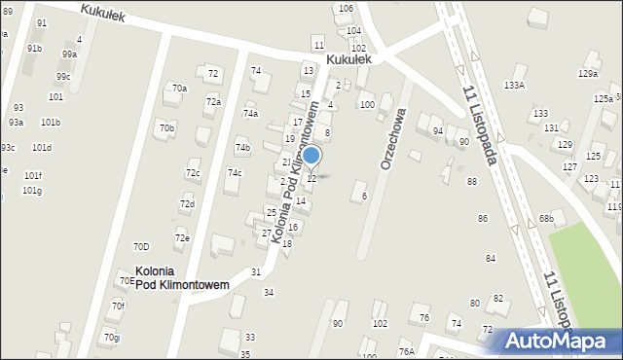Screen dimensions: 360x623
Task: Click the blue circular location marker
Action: (x=311, y=155)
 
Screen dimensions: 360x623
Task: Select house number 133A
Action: (x=514, y=86)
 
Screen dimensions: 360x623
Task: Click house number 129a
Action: (x=587, y=74)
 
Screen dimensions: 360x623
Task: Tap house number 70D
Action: (x=141, y=246)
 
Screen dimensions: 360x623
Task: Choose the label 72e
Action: (x=182, y=237)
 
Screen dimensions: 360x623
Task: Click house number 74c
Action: (x=235, y=172)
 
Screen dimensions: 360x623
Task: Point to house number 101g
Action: (x=32, y=191)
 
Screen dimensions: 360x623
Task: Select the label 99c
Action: (x=63, y=76)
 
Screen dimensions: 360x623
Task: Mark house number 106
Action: (x=346, y=8)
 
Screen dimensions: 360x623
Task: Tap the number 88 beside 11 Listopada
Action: (x=472, y=182)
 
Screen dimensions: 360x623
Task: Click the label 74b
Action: (x=242, y=148)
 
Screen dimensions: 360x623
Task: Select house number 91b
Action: (x=34, y=48)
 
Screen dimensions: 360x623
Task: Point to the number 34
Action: (x=269, y=292)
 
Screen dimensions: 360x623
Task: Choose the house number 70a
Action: (x=179, y=89)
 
